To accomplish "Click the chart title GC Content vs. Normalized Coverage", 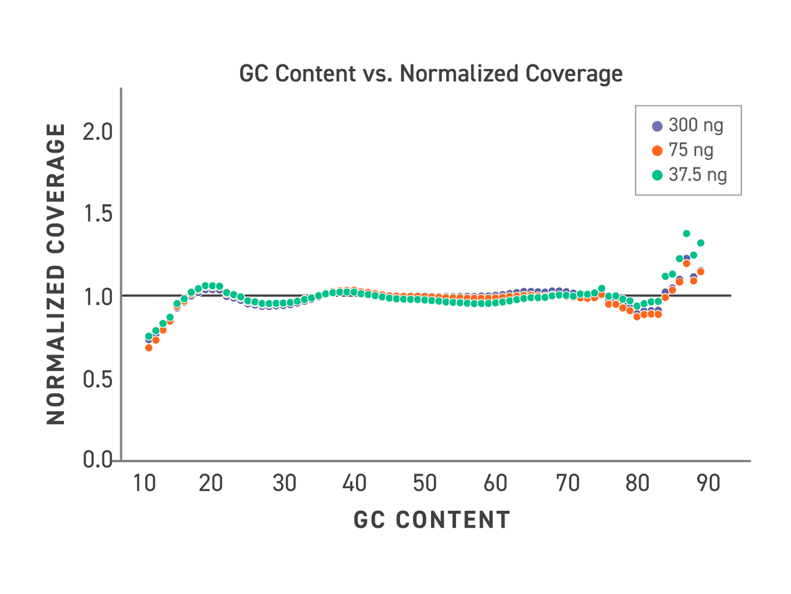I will pyautogui.click(x=431, y=74).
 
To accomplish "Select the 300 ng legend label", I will pyautogui.click(x=696, y=126).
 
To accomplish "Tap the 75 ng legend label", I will pyautogui.click(x=691, y=150).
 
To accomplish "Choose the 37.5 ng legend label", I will pyautogui.click(x=697, y=175).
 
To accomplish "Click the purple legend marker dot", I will pyautogui.click(x=657, y=126).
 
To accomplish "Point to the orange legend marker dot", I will pyautogui.click(x=657, y=151).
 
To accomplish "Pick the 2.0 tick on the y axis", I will pyautogui.click(x=97, y=132).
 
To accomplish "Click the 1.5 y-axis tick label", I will pyautogui.click(x=98, y=214).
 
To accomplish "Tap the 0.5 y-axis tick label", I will pyautogui.click(x=97, y=379).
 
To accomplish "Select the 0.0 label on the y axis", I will pyautogui.click(x=97, y=459).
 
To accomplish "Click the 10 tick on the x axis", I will pyautogui.click(x=144, y=483).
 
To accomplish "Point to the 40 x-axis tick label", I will pyautogui.click(x=354, y=483).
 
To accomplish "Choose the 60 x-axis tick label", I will pyautogui.click(x=495, y=483).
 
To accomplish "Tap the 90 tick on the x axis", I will pyautogui.click(x=708, y=483).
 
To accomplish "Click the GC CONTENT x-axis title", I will pyautogui.click(x=432, y=520).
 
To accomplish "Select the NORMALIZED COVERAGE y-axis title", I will pyautogui.click(x=56, y=274).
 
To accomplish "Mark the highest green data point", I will pyautogui.click(x=686, y=233).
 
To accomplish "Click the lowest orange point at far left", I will pyautogui.click(x=149, y=347).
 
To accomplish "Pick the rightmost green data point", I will pyautogui.click(x=700, y=243).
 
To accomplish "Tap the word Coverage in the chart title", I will pyautogui.click(x=574, y=74).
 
